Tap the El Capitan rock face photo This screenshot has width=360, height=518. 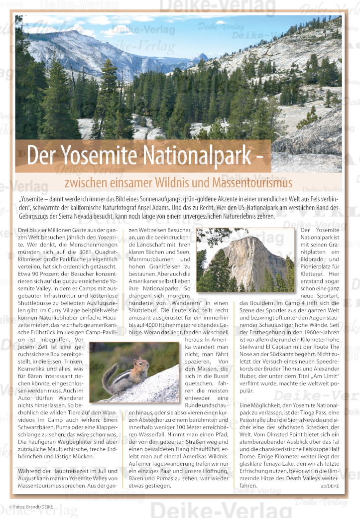[x=245, y=259]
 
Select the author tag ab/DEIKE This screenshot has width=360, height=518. [x=331, y=486]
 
